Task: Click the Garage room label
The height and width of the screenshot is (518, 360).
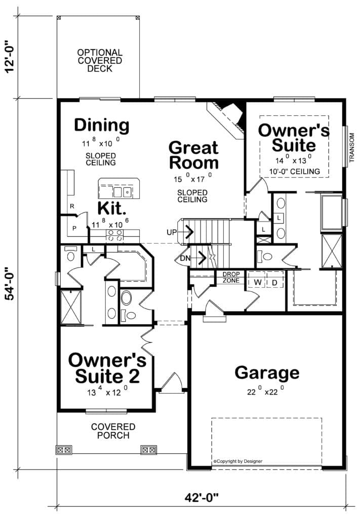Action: (267, 373)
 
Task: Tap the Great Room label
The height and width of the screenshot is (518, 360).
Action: (194, 155)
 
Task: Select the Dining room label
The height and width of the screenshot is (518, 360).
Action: (101, 125)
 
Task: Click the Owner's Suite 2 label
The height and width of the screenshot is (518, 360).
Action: (107, 368)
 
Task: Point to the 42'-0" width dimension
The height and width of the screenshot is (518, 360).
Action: (202, 497)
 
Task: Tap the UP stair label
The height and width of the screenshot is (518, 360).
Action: (172, 232)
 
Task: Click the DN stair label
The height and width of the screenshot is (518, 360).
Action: (185, 258)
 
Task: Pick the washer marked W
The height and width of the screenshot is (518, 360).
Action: (258, 282)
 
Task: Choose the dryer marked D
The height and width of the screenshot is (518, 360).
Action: (275, 283)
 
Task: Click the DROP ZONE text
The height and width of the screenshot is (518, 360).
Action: (231, 278)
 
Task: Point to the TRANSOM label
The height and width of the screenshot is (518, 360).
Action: (352, 148)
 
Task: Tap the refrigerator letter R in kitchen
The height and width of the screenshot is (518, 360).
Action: (72, 206)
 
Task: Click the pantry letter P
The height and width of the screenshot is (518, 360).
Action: (74, 228)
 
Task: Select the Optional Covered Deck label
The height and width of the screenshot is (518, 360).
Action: (100, 61)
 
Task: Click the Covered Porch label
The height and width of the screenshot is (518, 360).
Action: (113, 431)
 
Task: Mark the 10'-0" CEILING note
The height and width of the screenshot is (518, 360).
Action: (294, 171)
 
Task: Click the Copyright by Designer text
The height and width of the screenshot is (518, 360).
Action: (238, 461)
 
